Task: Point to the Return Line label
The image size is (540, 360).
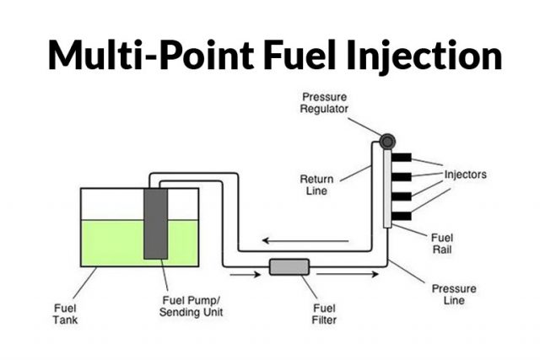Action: pos(318,184)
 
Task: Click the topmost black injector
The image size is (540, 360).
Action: pos(401,158)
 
